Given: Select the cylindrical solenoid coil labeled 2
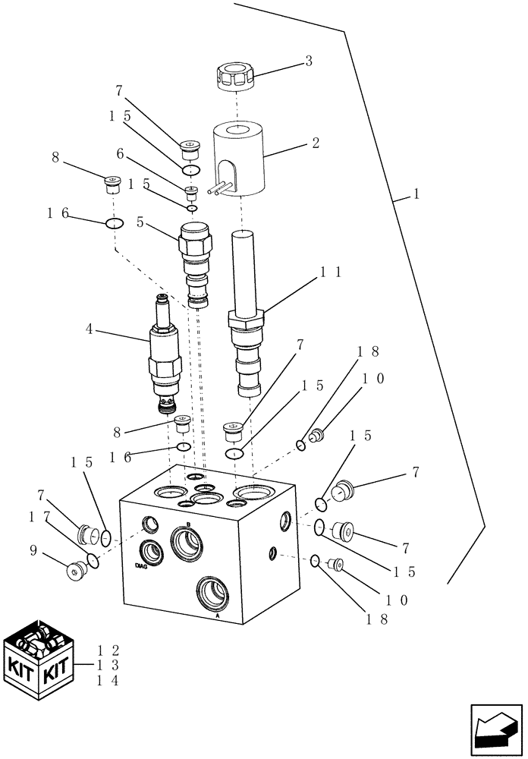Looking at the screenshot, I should click(237, 159).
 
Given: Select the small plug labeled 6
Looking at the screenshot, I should click(191, 189).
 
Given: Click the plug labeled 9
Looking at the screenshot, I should click(77, 571).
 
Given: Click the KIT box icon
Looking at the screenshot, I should click(39, 660).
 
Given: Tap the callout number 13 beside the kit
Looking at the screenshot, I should click(109, 665).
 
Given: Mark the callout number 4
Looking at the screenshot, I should click(89, 330).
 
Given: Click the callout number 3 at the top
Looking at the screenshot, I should click(309, 61).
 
